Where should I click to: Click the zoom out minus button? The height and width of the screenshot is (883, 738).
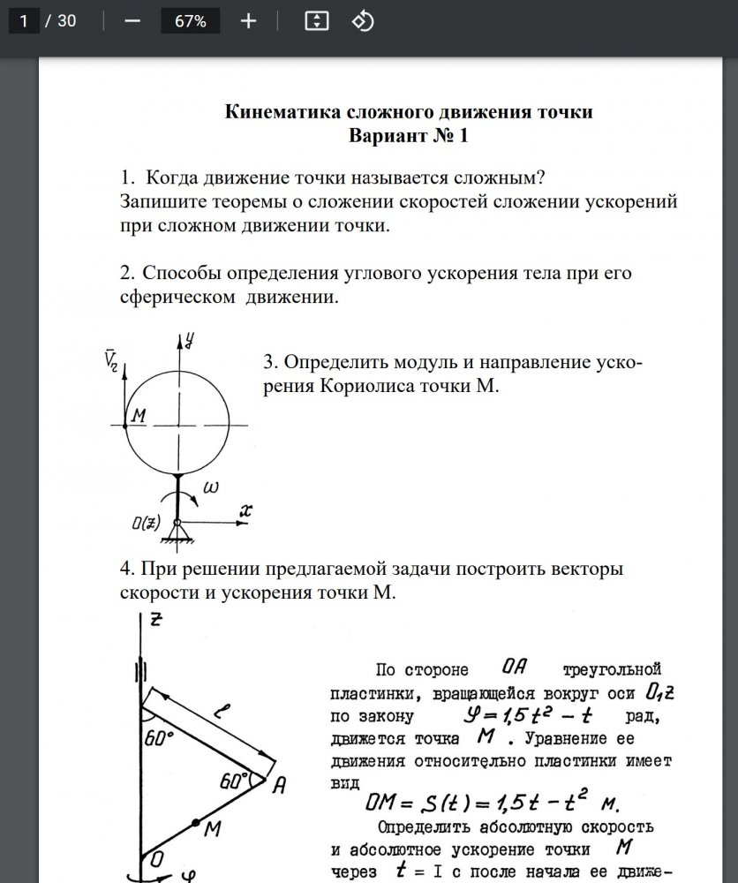point(133,21)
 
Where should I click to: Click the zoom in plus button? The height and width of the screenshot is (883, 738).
point(248,21)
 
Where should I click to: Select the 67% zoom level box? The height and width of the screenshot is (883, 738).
point(190,21)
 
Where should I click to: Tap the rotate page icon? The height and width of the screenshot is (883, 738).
point(363,21)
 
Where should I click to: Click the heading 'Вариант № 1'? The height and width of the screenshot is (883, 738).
point(408,136)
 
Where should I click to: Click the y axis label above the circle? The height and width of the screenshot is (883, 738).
point(189,338)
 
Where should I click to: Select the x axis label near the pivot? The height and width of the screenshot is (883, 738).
point(246,510)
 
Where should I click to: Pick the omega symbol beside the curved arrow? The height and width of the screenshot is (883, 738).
point(212,487)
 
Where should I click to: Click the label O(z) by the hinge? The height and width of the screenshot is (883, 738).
point(147,523)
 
